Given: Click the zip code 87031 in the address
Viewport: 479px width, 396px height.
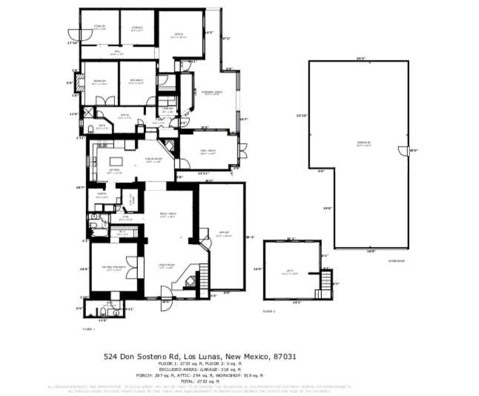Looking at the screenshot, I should [285, 357].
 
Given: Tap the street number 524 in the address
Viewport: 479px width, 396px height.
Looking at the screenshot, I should [111, 357].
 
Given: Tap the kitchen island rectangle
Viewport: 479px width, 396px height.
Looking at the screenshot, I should [118, 162].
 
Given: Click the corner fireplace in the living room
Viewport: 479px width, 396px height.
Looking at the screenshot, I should [191, 280].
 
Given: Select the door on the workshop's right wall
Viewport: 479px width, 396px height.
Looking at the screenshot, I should [409, 151].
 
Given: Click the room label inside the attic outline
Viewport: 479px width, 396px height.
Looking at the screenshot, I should [291, 273].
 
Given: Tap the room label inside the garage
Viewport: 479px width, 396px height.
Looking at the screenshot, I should [222, 235].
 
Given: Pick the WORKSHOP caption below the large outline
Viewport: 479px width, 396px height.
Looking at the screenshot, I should [397, 260].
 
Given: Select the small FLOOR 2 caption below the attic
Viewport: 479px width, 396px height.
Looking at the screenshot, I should [268, 311].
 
